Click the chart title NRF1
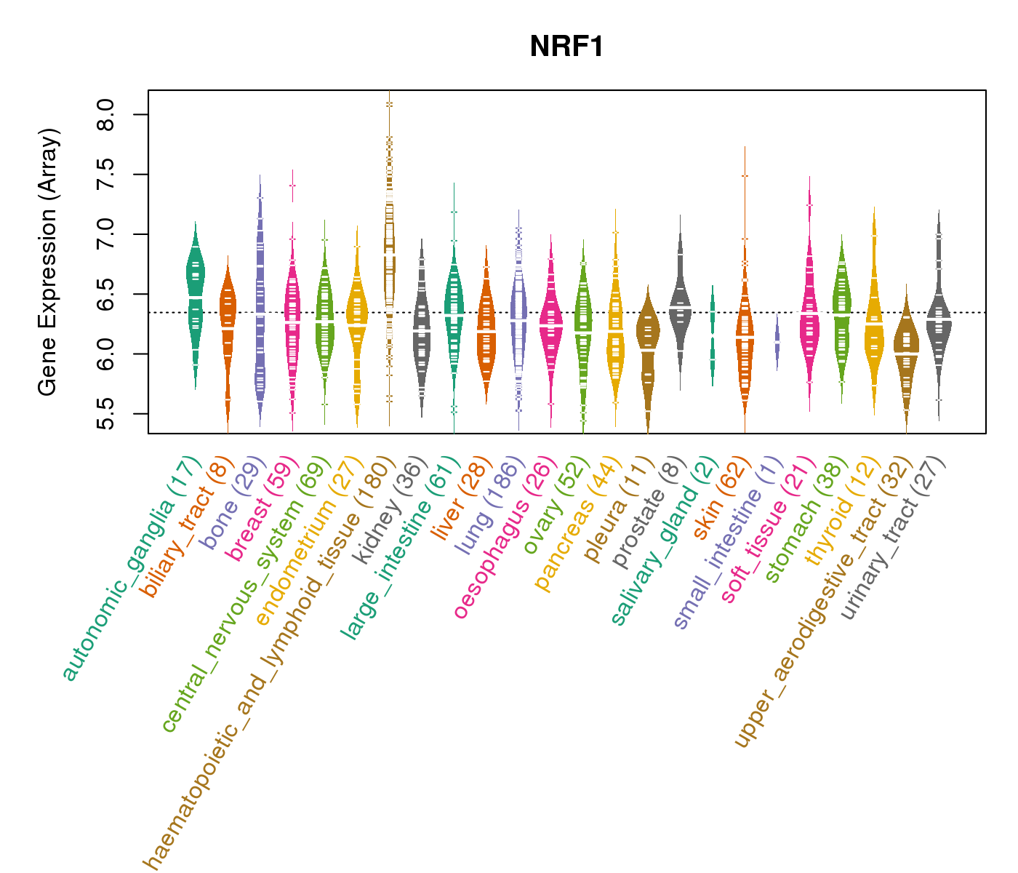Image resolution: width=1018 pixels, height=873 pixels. point(566,47)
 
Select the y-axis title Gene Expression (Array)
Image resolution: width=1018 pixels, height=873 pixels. point(48,262)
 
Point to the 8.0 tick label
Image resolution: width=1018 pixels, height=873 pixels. point(106,115)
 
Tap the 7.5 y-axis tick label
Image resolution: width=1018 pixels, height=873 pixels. point(106,175)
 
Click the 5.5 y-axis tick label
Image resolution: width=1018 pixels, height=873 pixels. point(106,414)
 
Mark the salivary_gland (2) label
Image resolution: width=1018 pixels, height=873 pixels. point(662,542)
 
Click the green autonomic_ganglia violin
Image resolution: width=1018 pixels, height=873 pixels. point(195,291)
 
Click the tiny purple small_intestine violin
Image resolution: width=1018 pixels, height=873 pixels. point(777,340)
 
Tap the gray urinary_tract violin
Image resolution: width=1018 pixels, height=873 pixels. point(939,320)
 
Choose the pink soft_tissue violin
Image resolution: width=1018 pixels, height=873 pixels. point(809,320)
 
